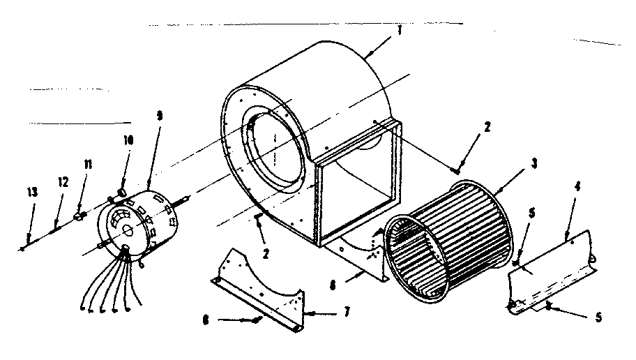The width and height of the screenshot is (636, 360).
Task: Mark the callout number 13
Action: [30, 193]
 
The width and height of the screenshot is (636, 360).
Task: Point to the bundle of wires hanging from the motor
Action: [112, 286]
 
